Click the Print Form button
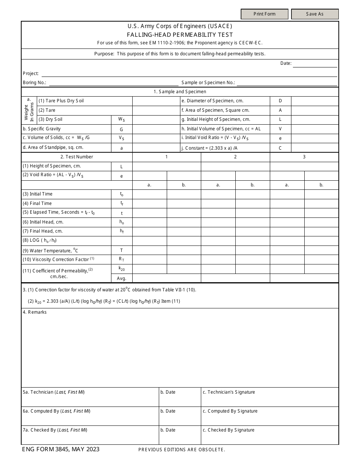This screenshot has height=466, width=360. [x=265, y=14]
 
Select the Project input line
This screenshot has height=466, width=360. [x=189, y=73]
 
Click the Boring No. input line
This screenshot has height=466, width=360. [x=113, y=83]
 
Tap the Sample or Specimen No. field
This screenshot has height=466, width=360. [x=287, y=83]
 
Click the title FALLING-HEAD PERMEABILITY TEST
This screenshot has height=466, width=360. [x=180, y=35]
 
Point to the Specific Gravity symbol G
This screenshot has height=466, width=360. [x=122, y=129]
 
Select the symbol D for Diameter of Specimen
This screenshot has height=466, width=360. [x=280, y=101]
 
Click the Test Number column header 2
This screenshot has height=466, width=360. [x=235, y=157]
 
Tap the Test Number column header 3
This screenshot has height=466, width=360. [x=304, y=157]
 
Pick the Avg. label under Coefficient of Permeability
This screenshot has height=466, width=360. [x=122, y=278]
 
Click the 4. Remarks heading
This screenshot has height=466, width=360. [x=35, y=312]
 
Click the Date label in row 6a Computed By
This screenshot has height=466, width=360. [x=168, y=411]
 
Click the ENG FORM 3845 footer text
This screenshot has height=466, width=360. [x=61, y=449]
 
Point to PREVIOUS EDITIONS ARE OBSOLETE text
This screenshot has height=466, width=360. [x=182, y=450]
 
